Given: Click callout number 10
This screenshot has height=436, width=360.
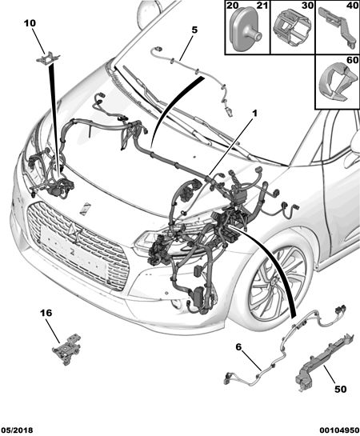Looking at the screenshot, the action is pyautogui.click(x=30, y=23).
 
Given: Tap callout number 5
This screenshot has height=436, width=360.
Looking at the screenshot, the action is pyautogui.click(x=194, y=30).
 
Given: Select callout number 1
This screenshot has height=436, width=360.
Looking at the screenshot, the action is pyautogui.click(x=254, y=113).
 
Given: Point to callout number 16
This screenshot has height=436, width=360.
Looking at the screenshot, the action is pyautogui.click(x=46, y=313).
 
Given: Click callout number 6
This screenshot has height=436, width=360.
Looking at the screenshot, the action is pyautogui.click(x=238, y=346).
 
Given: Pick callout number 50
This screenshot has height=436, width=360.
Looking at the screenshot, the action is pyautogui.click(x=341, y=389).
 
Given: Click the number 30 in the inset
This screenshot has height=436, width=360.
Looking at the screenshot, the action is pyautogui.click(x=307, y=6).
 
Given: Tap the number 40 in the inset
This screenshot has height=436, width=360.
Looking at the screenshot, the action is pyautogui.click(x=352, y=6).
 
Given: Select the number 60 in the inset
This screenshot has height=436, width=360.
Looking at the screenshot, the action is pyautogui.click(x=352, y=60).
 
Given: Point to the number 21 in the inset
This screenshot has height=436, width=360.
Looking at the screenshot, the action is pyautogui.click(x=262, y=6).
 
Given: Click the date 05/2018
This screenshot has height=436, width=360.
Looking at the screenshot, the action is pyautogui.click(x=17, y=430).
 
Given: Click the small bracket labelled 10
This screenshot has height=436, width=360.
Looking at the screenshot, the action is pyautogui.click(x=48, y=58).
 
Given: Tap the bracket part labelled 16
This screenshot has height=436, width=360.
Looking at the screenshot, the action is pyautogui.click(x=66, y=350).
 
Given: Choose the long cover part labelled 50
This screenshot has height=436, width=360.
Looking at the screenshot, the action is pyautogui.click(x=324, y=362).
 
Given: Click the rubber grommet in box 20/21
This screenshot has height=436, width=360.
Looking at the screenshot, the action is pyautogui.click(x=245, y=30).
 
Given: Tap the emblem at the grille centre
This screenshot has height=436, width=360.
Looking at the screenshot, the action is pyautogui.click(x=73, y=230).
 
